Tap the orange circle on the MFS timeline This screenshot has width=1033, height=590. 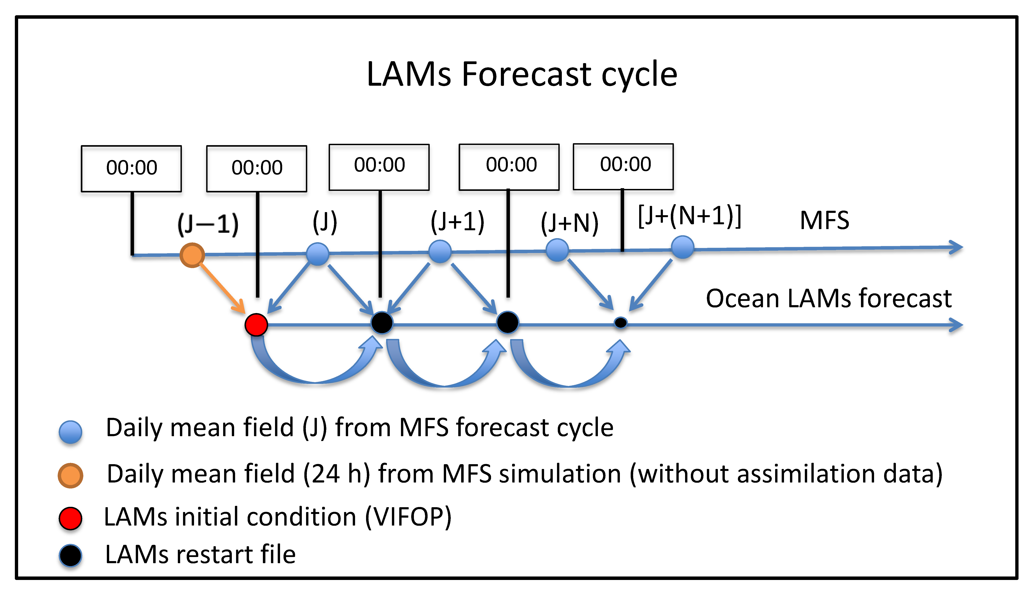point(192,255)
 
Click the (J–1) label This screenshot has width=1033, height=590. point(208,224)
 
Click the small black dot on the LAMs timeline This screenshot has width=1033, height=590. point(620,323)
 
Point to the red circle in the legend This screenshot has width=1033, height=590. point(70,518)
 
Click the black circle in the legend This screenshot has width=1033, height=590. point(70,555)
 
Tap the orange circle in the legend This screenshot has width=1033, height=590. point(70,475)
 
